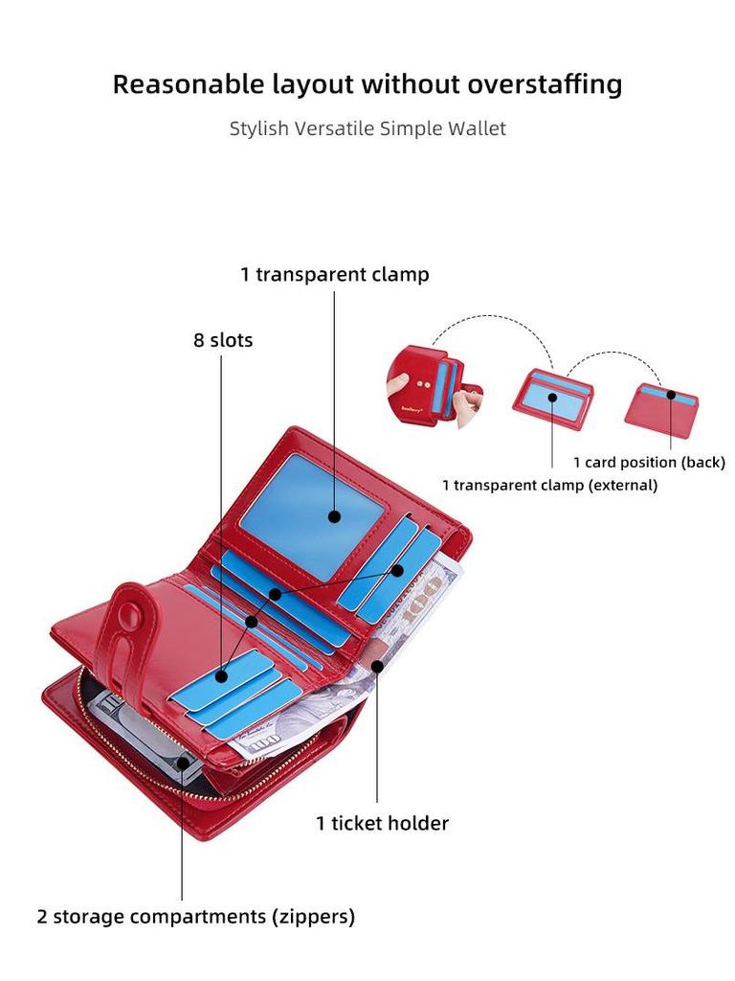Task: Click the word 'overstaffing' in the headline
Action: (545, 84)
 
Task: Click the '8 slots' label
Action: (223, 340)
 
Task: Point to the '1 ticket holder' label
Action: (382, 823)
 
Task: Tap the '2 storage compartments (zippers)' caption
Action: (196, 917)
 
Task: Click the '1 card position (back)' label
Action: (649, 463)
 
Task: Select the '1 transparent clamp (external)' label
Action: (549, 485)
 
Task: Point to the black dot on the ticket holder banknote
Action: (377, 665)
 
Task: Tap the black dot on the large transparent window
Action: (334, 516)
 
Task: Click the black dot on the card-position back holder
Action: (672, 395)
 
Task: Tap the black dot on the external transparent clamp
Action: (552, 397)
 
